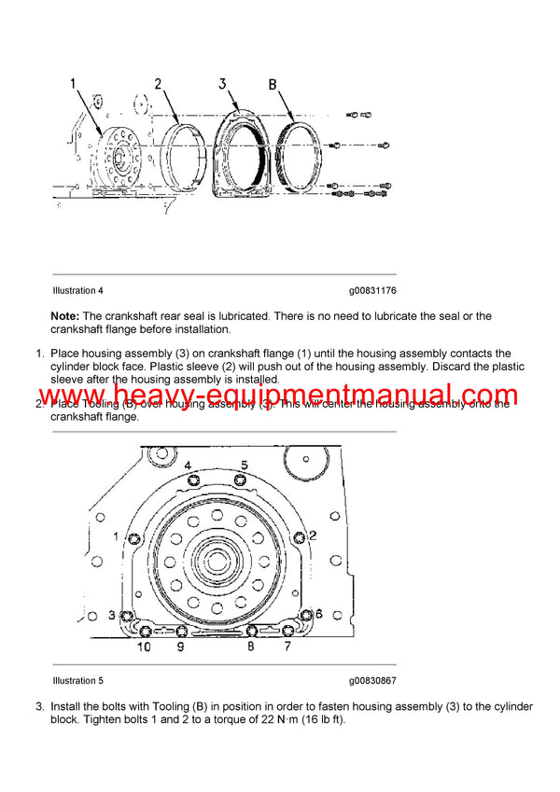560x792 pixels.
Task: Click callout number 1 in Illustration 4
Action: pyautogui.click(x=73, y=83)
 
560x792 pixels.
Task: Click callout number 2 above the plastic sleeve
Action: pyautogui.click(x=159, y=83)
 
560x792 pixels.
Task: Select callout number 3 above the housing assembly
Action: pyautogui.click(x=222, y=83)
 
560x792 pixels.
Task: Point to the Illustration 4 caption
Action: pyautogui.click(x=78, y=291)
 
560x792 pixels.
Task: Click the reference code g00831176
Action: pyautogui.click(x=373, y=291)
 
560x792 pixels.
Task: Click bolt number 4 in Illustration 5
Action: pyautogui.click(x=188, y=465)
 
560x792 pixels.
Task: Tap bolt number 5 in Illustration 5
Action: pyautogui.click(x=244, y=465)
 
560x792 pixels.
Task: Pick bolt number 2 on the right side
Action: pyautogui.click(x=313, y=535)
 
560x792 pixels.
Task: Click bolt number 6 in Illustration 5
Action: pyautogui.click(x=317, y=613)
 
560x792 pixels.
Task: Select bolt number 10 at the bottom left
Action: pyautogui.click(x=145, y=646)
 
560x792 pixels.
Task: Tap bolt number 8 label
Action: pyautogui.click(x=250, y=646)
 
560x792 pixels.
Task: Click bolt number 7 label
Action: pyautogui.click(x=287, y=646)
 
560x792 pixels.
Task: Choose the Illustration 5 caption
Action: pyautogui.click(x=78, y=680)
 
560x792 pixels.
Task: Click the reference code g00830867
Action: pyautogui.click(x=373, y=680)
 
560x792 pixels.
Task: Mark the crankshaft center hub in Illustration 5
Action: pyautogui.click(x=216, y=563)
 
